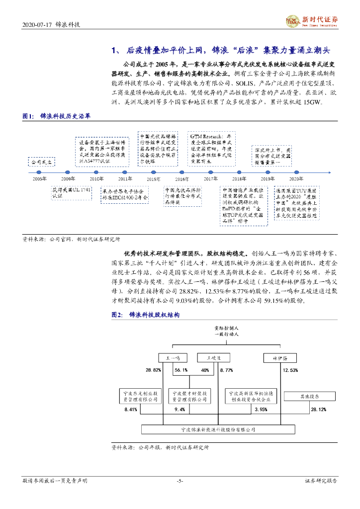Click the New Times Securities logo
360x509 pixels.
pos(312,20)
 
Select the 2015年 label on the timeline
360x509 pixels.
pos(153,178)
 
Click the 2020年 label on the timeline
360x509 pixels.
pos(297,178)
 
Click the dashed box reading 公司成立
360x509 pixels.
pos(41,162)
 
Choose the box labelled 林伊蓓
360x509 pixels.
pos(278,358)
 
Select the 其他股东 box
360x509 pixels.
pos(308,397)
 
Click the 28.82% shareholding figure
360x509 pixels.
pos(153,370)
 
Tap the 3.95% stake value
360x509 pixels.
pos(261,410)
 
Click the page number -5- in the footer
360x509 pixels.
pos(180,481)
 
